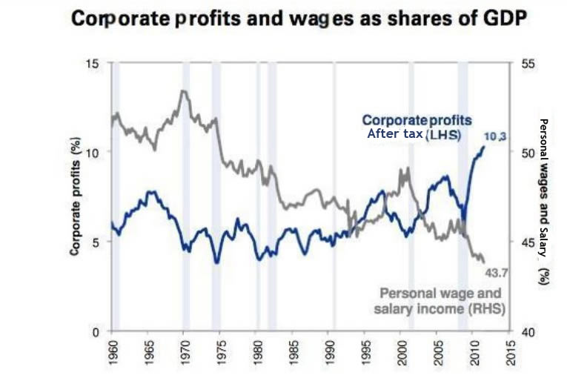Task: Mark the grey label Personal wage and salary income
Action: tap(442, 301)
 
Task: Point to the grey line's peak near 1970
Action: tap(182, 91)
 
